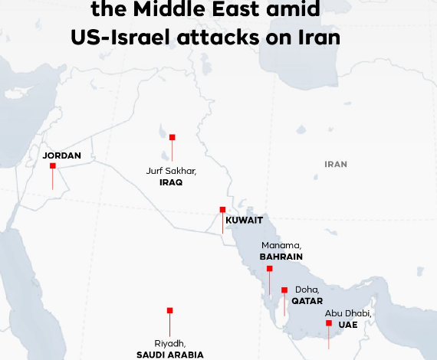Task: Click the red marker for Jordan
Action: point(53,165)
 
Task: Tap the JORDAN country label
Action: point(61,155)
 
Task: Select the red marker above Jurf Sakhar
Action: point(172,137)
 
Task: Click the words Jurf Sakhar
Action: point(171,172)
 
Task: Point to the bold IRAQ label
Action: point(171,183)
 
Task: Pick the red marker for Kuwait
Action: point(222,209)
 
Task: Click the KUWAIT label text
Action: point(245,221)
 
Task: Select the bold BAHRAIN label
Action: point(281,257)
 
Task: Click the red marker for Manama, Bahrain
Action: point(269,269)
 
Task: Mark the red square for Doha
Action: point(284,290)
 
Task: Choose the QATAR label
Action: point(307,301)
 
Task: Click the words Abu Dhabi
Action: point(347,313)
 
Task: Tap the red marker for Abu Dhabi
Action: point(329,323)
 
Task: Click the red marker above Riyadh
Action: point(169,310)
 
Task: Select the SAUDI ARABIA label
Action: point(170,355)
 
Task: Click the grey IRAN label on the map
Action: point(336,164)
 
